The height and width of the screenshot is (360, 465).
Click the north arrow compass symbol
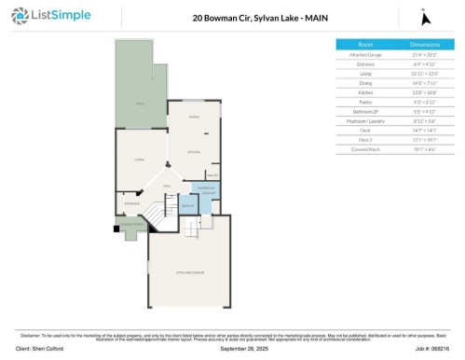click(x=425, y=18)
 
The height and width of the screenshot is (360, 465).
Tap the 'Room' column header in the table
click(x=365, y=45)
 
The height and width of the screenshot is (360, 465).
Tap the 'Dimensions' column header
click(x=424, y=45)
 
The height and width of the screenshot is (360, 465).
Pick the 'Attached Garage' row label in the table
click(x=365, y=55)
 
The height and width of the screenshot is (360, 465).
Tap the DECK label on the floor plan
click(x=140, y=104)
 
